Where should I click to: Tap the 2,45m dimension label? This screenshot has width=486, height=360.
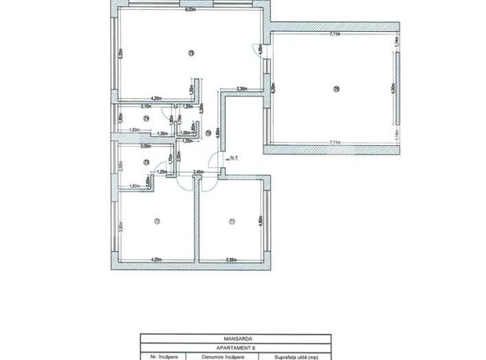(x=198, y=172)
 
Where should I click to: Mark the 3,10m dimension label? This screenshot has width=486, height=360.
(x=144, y=107)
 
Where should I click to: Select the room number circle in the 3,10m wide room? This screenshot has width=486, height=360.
(x=146, y=119)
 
